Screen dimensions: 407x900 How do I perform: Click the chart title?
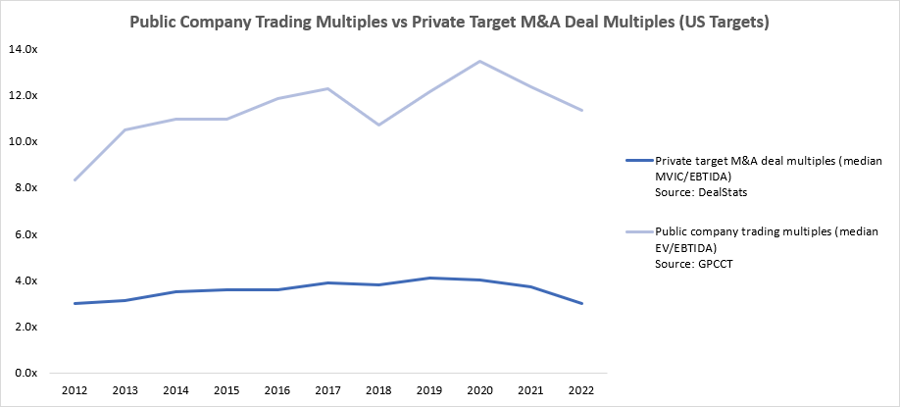pyautogui.click(x=450, y=22)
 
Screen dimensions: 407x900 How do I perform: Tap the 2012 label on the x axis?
pyautogui.click(x=75, y=389)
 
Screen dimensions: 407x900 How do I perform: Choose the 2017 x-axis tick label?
pyautogui.click(x=328, y=389)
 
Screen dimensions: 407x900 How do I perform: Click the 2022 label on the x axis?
pyautogui.click(x=582, y=389)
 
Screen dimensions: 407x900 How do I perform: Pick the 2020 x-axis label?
pyautogui.click(x=480, y=389)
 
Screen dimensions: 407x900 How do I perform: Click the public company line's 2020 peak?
pyautogui.click(x=480, y=61)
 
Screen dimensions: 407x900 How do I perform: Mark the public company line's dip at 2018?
pyautogui.click(x=378, y=125)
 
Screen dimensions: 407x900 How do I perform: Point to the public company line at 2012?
pyautogui.click(x=75, y=179)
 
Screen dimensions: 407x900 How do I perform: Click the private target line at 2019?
pyautogui.click(x=429, y=278)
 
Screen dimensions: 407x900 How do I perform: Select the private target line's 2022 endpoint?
pyautogui.click(x=582, y=303)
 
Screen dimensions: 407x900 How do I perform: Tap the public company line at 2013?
pyautogui.click(x=125, y=129)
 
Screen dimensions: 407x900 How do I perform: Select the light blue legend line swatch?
pyautogui.click(x=637, y=233)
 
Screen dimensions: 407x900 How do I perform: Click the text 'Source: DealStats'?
pyautogui.click(x=700, y=192)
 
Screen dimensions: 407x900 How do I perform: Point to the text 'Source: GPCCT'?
pyautogui.click(x=693, y=265)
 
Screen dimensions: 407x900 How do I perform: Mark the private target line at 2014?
pyautogui.click(x=176, y=291)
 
